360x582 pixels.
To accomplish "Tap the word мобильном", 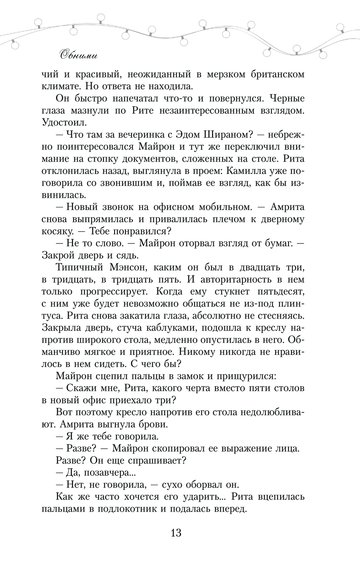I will click(x=217, y=207).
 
